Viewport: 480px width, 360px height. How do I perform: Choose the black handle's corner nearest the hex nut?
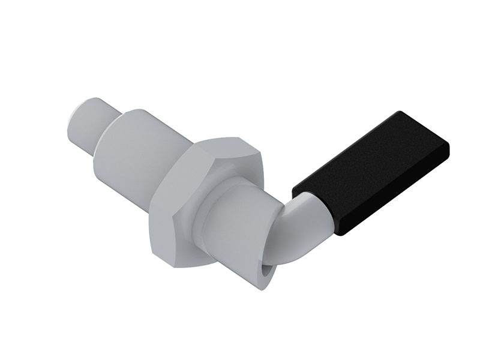point(294,191)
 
